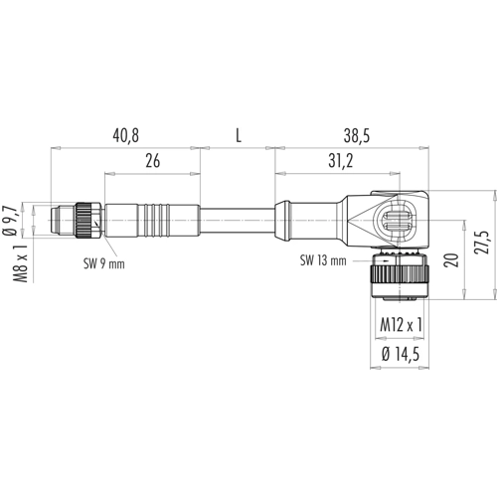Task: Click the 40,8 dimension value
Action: [x=125, y=136]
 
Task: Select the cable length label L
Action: [x=239, y=136]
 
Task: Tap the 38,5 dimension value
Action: [x=357, y=136]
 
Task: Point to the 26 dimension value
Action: [x=153, y=161]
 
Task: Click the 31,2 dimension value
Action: [x=341, y=161]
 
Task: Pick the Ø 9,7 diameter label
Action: [x=10, y=221]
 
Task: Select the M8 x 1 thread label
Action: [x=20, y=264]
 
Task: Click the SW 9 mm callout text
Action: [x=104, y=264]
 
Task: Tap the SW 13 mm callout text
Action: [x=323, y=260]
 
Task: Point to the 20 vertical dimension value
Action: [x=452, y=260]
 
